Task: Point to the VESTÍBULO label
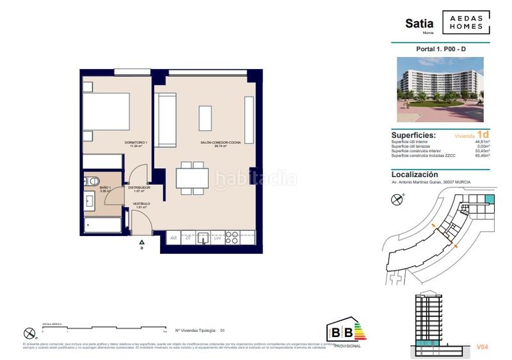(x=141, y=204)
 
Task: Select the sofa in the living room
(x=166, y=120)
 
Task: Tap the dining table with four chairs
(x=192, y=177)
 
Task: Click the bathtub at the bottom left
(x=102, y=226)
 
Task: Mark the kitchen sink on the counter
(x=204, y=238)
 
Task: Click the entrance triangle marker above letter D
(x=142, y=242)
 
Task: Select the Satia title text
(x=419, y=24)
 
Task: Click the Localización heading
(x=414, y=174)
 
